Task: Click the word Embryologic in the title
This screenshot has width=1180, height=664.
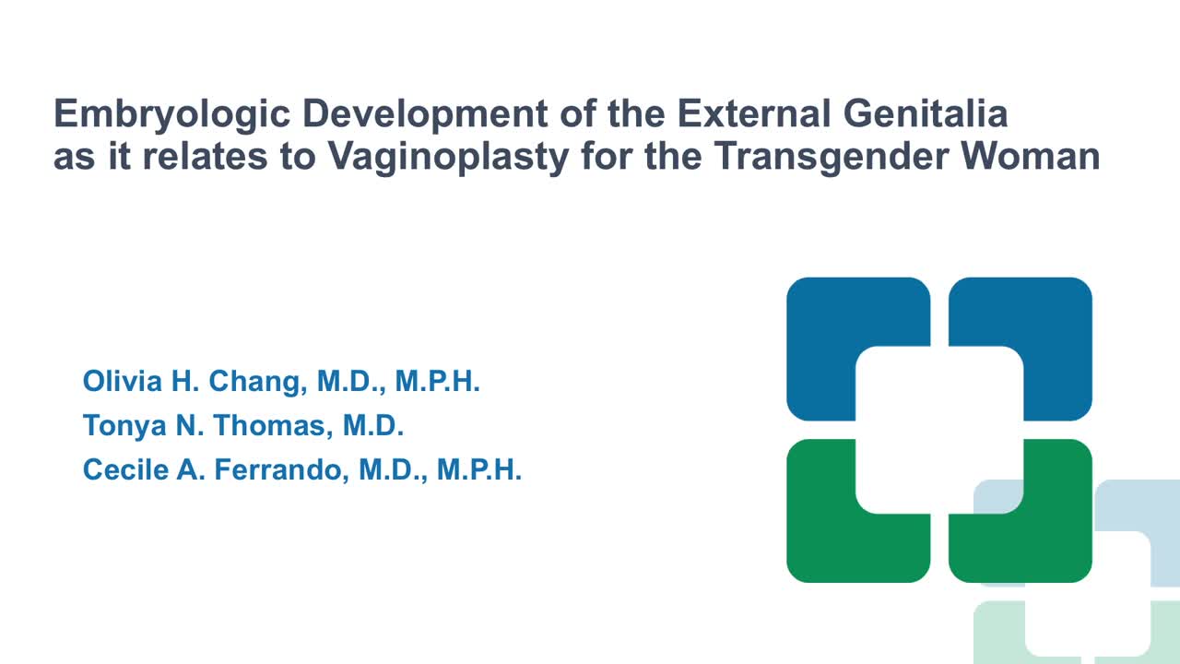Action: pos(171,114)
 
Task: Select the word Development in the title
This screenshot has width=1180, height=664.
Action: pos(425,114)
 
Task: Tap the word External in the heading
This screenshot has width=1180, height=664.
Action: pos(754,113)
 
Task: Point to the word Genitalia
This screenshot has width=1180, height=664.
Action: pos(926,113)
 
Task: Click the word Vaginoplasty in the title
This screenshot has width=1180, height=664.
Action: pos(448,158)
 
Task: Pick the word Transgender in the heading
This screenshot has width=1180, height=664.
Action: pos(832,158)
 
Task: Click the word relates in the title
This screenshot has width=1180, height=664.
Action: pos(205,156)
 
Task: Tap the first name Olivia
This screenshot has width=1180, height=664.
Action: pos(123,381)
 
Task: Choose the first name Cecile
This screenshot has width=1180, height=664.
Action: pos(125,469)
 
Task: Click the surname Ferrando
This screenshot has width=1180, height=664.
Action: pos(282,470)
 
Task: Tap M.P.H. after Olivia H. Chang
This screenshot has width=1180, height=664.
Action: pos(437,381)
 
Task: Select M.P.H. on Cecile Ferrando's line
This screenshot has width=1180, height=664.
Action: pos(478,469)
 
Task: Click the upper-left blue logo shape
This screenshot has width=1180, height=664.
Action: pos(821,316)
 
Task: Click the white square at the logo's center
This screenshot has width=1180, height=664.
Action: pos(939,430)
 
